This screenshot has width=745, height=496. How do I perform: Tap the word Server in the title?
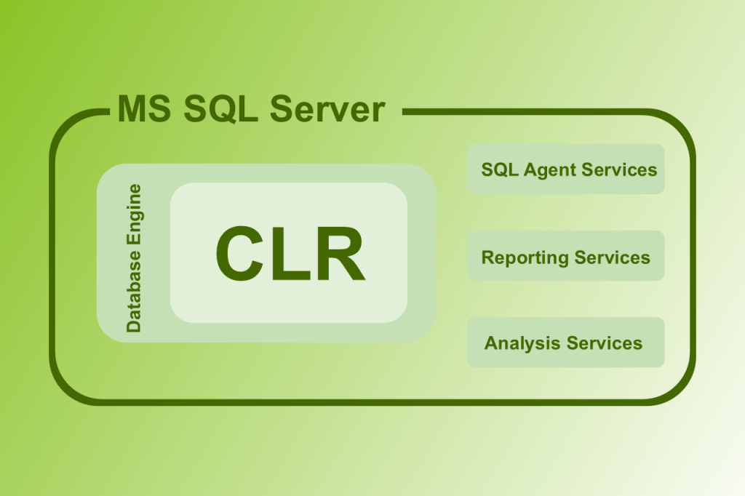coord(327,109)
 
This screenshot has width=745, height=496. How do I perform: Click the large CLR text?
coord(290,253)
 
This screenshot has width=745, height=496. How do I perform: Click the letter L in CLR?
coord(291,253)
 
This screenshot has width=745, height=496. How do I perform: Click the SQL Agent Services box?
coord(565,169)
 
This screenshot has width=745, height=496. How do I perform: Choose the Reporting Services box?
coord(565,256)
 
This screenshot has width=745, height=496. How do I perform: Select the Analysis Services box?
coord(565,343)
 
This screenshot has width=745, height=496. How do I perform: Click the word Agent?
coord(551,170)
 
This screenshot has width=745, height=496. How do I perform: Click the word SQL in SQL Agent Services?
coord(499,169)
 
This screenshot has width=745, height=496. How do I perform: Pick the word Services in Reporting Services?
coord(612,257)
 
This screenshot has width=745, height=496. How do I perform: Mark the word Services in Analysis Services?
coord(605,343)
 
